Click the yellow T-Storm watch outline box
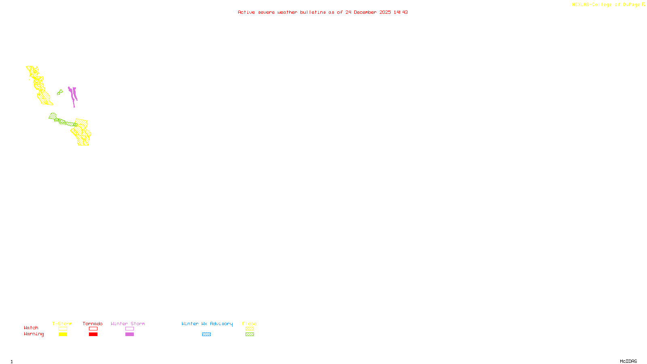(x=63, y=329)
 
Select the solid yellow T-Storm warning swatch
(x=63, y=334)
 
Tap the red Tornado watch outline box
(x=93, y=329)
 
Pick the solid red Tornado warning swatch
(x=93, y=334)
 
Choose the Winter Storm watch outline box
(x=129, y=329)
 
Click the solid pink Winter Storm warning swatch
(x=129, y=334)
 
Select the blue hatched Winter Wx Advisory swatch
(x=206, y=334)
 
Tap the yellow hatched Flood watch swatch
(x=249, y=329)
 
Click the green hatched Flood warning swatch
(x=249, y=334)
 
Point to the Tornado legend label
(x=93, y=324)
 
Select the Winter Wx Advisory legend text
(x=207, y=324)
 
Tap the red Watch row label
(x=31, y=328)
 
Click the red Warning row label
(x=34, y=334)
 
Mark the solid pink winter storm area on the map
(x=73, y=94)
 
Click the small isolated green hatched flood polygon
(x=60, y=93)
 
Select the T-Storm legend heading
(x=62, y=324)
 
